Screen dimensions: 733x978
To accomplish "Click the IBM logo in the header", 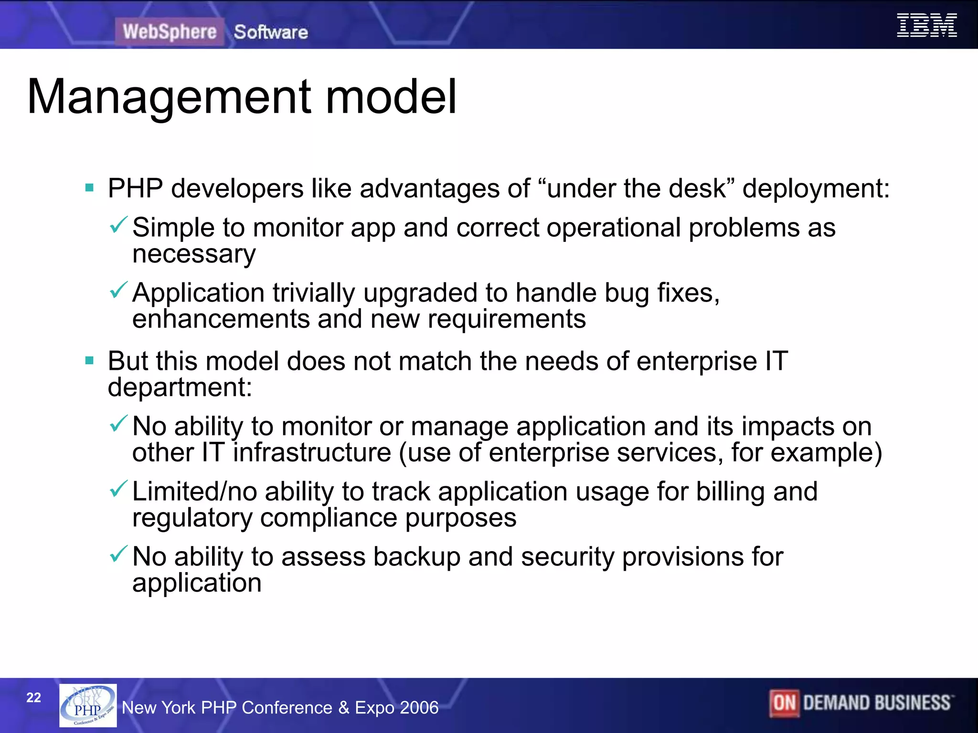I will pos(926,25).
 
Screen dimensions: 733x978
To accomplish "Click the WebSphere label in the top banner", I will pos(170,31).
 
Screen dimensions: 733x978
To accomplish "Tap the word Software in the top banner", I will pos(271,32).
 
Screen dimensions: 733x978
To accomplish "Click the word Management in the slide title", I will pos(170,97).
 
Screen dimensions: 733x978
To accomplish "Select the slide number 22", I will pos(33,698).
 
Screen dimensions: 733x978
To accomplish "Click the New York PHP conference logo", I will pos(88,705).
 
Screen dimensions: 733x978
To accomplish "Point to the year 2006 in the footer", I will pos(418,707).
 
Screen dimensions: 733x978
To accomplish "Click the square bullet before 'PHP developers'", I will pos(89,188).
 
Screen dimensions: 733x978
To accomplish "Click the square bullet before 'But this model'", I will pos(89,360).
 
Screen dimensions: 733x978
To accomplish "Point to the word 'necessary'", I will pos(194,254).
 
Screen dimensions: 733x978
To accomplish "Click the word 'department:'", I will pos(180,387).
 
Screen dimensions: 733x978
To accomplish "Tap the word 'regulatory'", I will pos(192,518).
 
